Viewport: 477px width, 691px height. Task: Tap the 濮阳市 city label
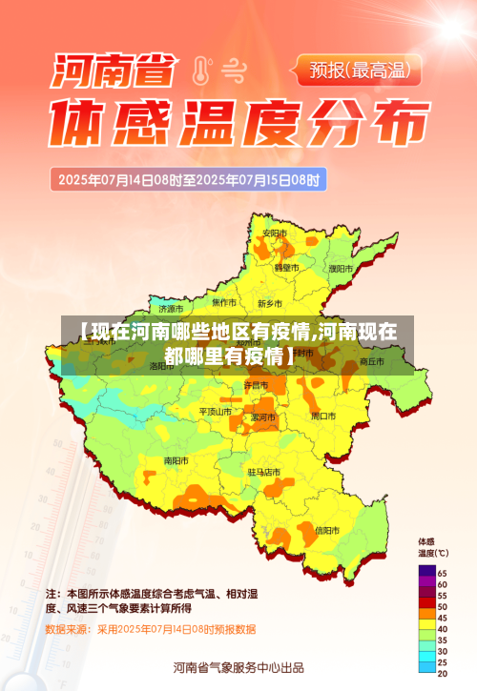pyautogui.click(x=340, y=269)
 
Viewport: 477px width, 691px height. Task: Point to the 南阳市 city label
pyautogui.click(x=176, y=460)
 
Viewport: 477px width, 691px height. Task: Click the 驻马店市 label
pyautogui.click(x=264, y=472)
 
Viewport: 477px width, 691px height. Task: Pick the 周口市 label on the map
pyautogui.click(x=323, y=417)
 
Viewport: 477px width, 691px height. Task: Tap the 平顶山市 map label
pyautogui.click(x=215, y=412)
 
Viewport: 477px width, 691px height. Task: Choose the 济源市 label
pyautogui.click(x=172, y=309)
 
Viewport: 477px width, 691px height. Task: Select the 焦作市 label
pyautogui.click(x=223, y=302)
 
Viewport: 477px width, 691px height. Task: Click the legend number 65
pyautogui.click(x=442, y=572)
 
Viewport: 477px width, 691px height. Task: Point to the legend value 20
pyautogui.click(x=442, y=674)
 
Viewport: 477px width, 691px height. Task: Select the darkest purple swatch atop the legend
pyautogui.click(x=425, y=572)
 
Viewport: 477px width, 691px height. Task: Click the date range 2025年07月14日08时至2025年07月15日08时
pyautogui.click(x=189, y=178)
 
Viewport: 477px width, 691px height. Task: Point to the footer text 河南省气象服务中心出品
pyautogui.click(x=238, y=666)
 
